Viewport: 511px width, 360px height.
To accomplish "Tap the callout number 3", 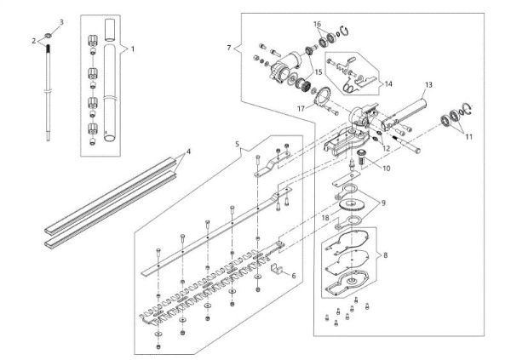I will tap(60, 20).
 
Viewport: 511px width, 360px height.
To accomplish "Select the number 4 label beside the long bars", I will tap(188, 151).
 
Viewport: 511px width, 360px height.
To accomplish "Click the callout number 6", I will tap(295, 276).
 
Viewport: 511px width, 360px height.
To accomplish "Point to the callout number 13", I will tap(428, 84).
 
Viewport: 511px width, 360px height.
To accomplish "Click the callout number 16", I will tap(317, 24).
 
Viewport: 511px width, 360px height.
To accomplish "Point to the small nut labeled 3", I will tap(51, 35).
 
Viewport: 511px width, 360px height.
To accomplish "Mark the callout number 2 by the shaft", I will tap(35, 39).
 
